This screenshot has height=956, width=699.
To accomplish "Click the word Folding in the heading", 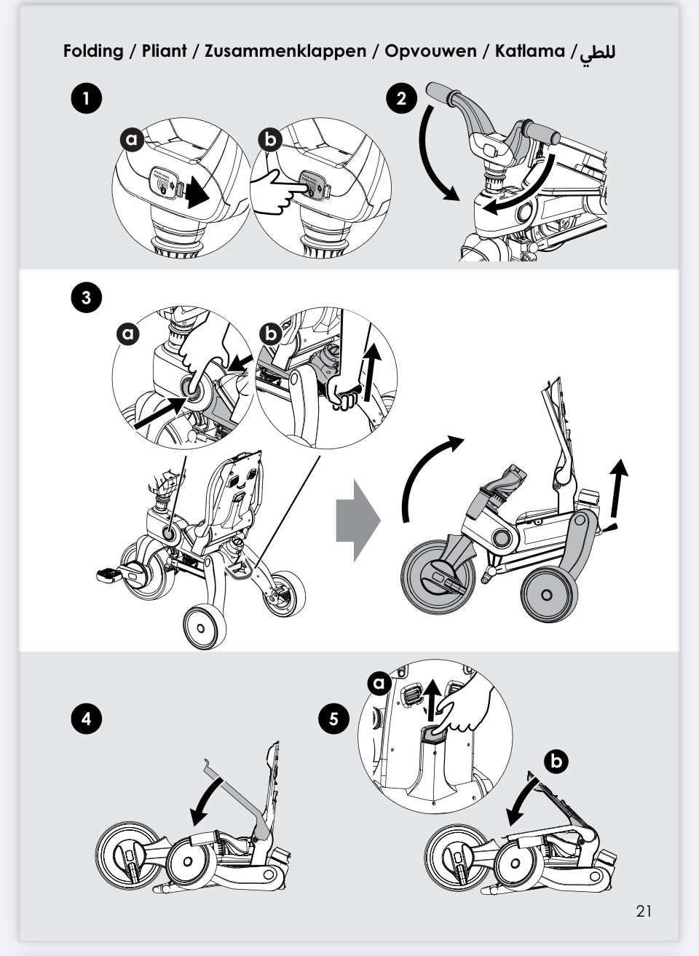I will [93, 52].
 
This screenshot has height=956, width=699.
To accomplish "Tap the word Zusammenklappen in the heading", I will [285, 52].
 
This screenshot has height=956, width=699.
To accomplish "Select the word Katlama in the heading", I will [529, 51].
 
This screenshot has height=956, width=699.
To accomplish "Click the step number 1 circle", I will [86, 98].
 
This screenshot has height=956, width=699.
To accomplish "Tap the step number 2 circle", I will [401, 98].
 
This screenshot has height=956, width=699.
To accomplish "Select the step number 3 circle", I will [86, 297].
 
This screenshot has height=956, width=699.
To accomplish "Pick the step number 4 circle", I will [86, 719].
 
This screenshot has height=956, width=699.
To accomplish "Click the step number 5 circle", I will [333, 719].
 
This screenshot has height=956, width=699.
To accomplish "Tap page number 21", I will [644, 911].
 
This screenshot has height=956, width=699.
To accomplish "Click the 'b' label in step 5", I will [556, 762].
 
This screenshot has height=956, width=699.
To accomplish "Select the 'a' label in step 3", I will [129, 333].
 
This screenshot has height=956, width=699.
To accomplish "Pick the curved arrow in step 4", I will [206, 798].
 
